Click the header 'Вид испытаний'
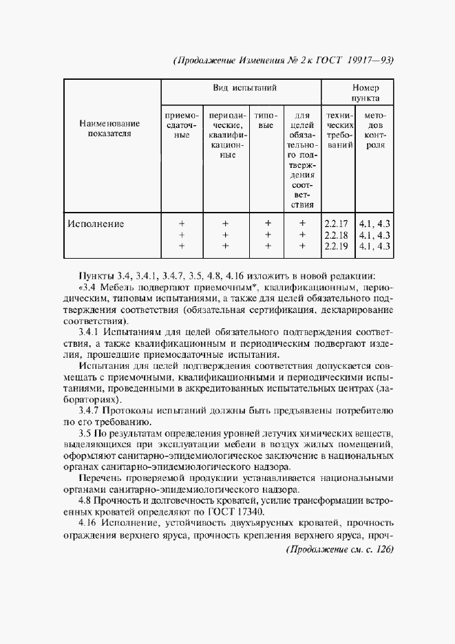(240, 89)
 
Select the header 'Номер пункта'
(366, 94)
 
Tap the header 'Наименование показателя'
(109, 128)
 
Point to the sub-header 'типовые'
(268, 121)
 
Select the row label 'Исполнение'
(96, 224)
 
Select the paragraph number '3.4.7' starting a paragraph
(90, 411)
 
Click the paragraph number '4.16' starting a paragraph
(89, 524)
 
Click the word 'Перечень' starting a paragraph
(99, 478)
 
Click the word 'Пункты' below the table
(96, 276)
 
